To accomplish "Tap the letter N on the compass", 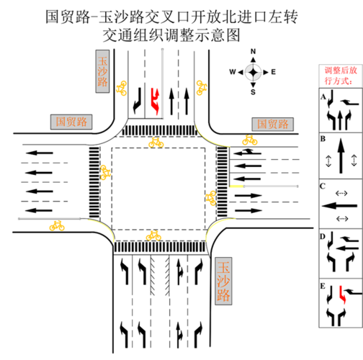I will point(253,52).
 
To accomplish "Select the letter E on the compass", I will point(274,72).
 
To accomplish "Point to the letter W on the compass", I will point(233,72).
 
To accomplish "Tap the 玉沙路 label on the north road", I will point(102,72).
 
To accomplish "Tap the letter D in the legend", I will point(323,235).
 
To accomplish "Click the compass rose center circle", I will point(253,72).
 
